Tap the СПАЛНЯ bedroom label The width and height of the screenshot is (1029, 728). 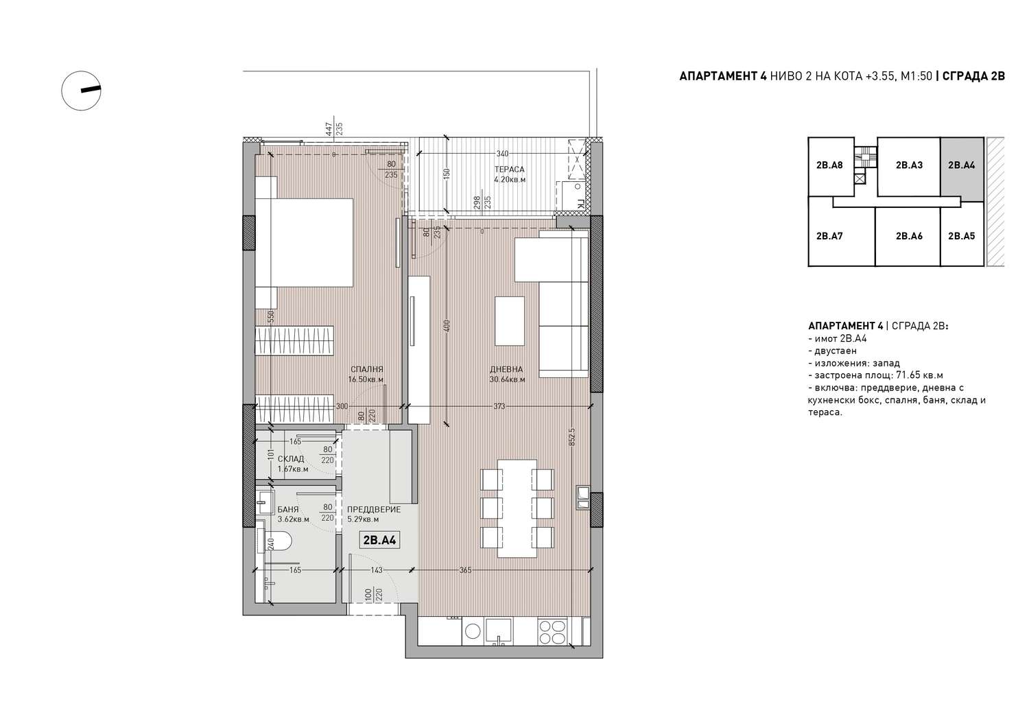pyautogui.click(x=366, y=369)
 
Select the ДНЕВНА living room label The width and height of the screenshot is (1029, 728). pyautogui.click(x=506, y=369)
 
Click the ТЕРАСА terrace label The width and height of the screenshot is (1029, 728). pyautogui.click(x=510, y=169)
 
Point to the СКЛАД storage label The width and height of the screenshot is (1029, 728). pyautogui.click(x=291, y=458)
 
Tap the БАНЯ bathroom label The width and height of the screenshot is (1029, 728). pyautogui.click(x=288, y=509)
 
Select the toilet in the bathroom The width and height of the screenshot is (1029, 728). pyautogui.click(x=279, y=543)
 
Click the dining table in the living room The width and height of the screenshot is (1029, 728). pyautogui.click(x=517, y=508)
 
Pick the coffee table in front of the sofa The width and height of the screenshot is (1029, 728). pyautogui.click(x=510, y=321)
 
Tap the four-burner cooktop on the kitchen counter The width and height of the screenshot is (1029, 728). pyautogui.click(x=552, y=633)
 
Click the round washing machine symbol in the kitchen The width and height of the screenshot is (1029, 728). pyautogui.click(x=473, y=632)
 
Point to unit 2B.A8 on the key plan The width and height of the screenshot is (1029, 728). pyautogui.click(x=829, y=165)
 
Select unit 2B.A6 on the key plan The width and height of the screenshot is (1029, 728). pyautogui.click(x=909, y=236)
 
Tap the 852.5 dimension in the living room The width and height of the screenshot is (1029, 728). pyautogui.click(x=572, y=437)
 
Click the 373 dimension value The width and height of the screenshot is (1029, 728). pyautogui.click(x=499, y=406)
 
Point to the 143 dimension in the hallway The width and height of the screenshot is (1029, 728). pyautogui.click(x=376, y=570)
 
